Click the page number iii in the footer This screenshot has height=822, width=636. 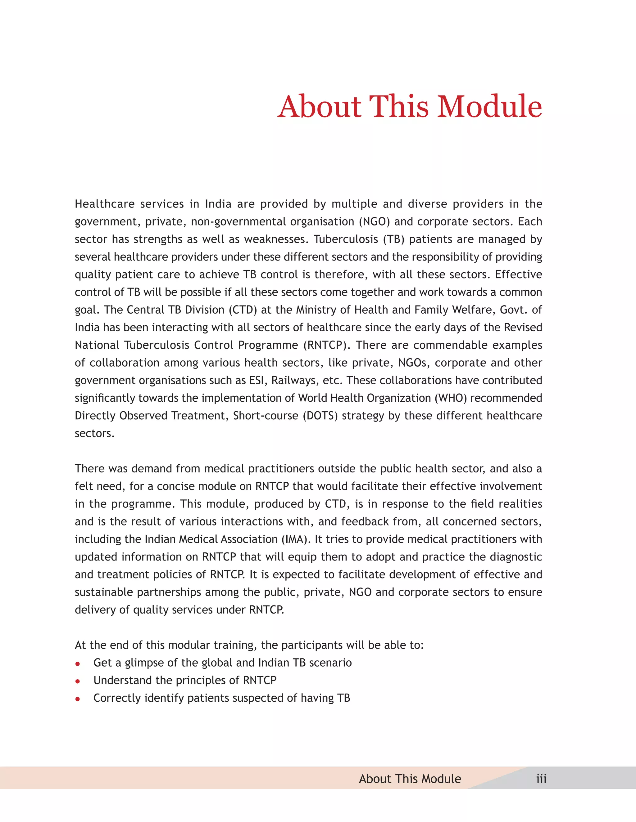[x=541, y=779]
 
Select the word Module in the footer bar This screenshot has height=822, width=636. [x=440, y=779]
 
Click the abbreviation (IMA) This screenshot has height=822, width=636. [x=296, y=539]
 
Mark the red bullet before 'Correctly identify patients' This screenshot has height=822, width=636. [x=78, y=699]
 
